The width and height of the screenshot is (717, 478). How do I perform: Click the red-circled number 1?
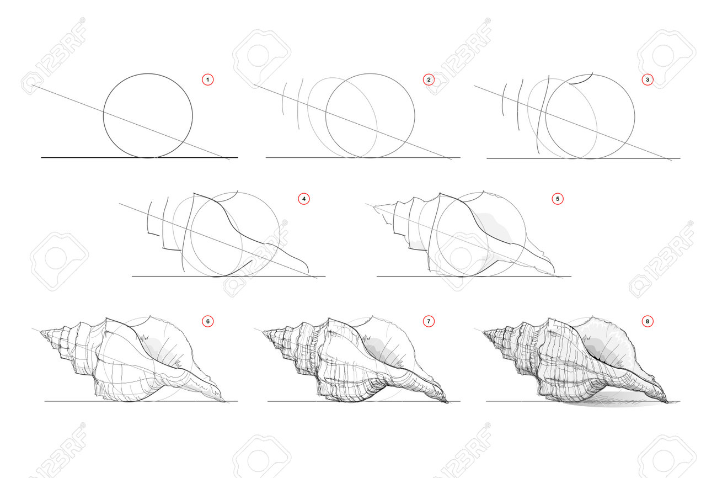coord(208,79)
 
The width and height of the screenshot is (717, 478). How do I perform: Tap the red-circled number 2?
coord(429,79)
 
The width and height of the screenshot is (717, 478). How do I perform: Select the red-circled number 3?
coord(648,79)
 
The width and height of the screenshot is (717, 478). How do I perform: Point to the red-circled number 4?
coord(304,199)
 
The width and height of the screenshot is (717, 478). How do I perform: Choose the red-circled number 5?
coord(558,199)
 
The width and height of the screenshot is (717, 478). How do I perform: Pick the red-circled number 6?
coord(208,321)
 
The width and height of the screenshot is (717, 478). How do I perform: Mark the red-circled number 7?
coord(429,321)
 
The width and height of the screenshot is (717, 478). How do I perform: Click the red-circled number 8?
coord(648,321)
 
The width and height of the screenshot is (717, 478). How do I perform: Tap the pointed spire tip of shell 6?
coord(40,332)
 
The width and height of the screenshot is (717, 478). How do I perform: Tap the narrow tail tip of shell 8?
coord(668,402)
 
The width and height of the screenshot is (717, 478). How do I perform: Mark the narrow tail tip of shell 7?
coord(447,402)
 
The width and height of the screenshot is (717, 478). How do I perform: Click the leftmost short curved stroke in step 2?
coord(283,99)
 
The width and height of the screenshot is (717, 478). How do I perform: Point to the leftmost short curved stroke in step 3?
coord(503,99)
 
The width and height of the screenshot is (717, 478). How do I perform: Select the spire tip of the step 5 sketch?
coord(374,207)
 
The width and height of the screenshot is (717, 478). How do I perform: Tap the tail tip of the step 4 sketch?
coord(308,272)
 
